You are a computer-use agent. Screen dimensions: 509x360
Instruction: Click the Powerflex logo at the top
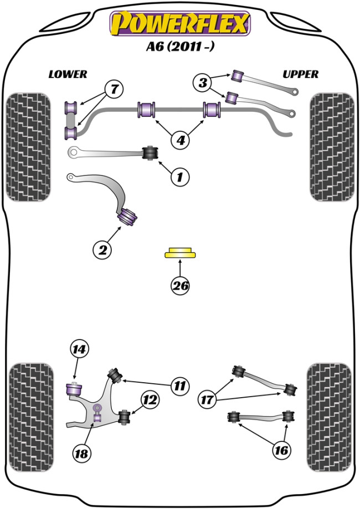pyautogui.click(x=180, y=23)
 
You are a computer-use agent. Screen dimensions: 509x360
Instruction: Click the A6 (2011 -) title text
pyautogui.click(x=180, y=48)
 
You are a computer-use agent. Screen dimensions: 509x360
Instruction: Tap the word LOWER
pyautogui.click(x=68, y=74)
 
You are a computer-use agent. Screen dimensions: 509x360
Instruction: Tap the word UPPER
pyautogui.click(x=300, y=74)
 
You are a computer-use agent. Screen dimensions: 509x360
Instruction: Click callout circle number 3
pyautogui.click(x=203, y=84)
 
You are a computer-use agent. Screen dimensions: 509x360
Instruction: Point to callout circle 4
pyautogui.click(x=180, y=141)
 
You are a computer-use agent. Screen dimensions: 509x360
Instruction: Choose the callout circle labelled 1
pyautogui.click(x=179, y=177)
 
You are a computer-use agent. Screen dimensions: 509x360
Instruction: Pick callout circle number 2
pyautogui.click(x=102, y=250)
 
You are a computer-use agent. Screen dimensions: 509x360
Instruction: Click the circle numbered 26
pyautogui.click(x=181, y=286)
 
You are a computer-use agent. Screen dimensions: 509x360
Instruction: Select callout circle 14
pyautogui.click(x=80, y=349)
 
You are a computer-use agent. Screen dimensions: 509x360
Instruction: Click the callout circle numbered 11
pyautogui.click(x=179, y=385)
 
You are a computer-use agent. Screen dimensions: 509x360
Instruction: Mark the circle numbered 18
pyautogui.click(x=81, y=454)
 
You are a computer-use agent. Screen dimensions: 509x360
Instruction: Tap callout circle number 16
pyautogui.click(x=281, y=451)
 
